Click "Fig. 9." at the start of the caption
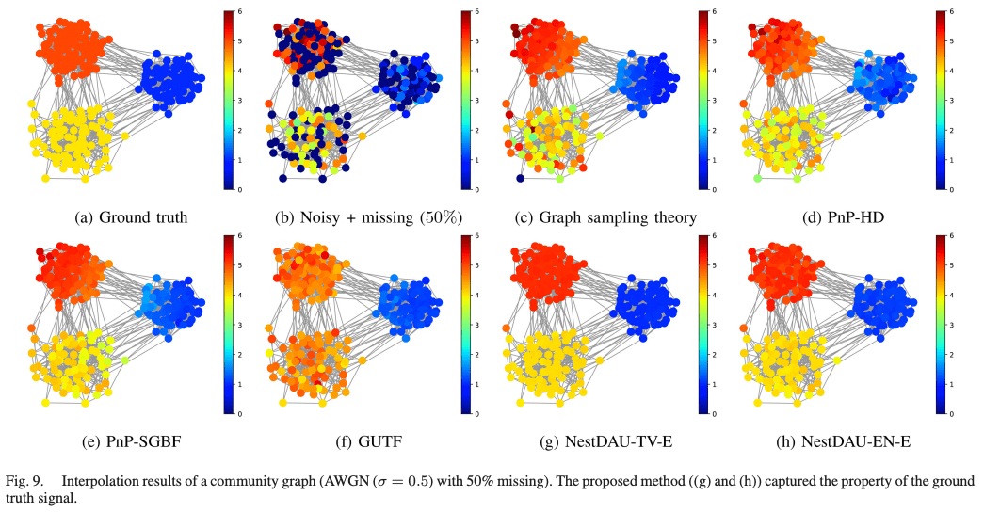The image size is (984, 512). (x=25, y=481)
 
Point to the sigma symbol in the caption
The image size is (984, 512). (x=383, y=481)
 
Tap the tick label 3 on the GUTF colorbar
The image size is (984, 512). (x=478, y=325)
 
